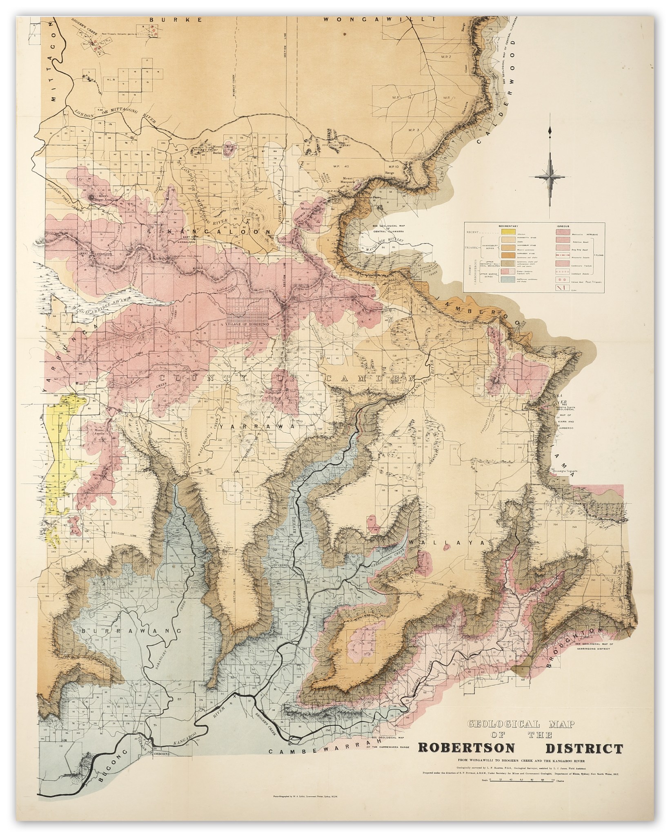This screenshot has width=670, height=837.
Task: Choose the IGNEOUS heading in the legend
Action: pyautogui.click(x=563, y=226)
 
